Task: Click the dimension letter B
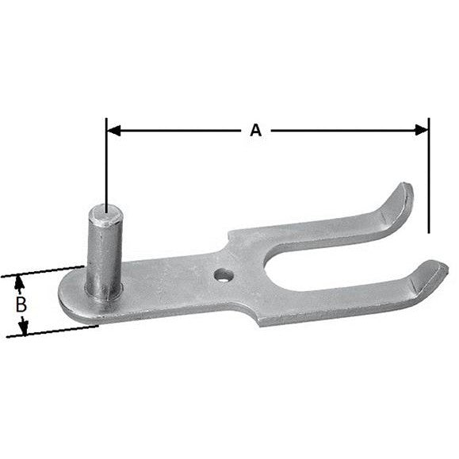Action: pos(22,304)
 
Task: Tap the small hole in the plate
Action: pos(224,274)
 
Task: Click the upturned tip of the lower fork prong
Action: pos(433,270)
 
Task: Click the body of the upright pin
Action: pos(103,254)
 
